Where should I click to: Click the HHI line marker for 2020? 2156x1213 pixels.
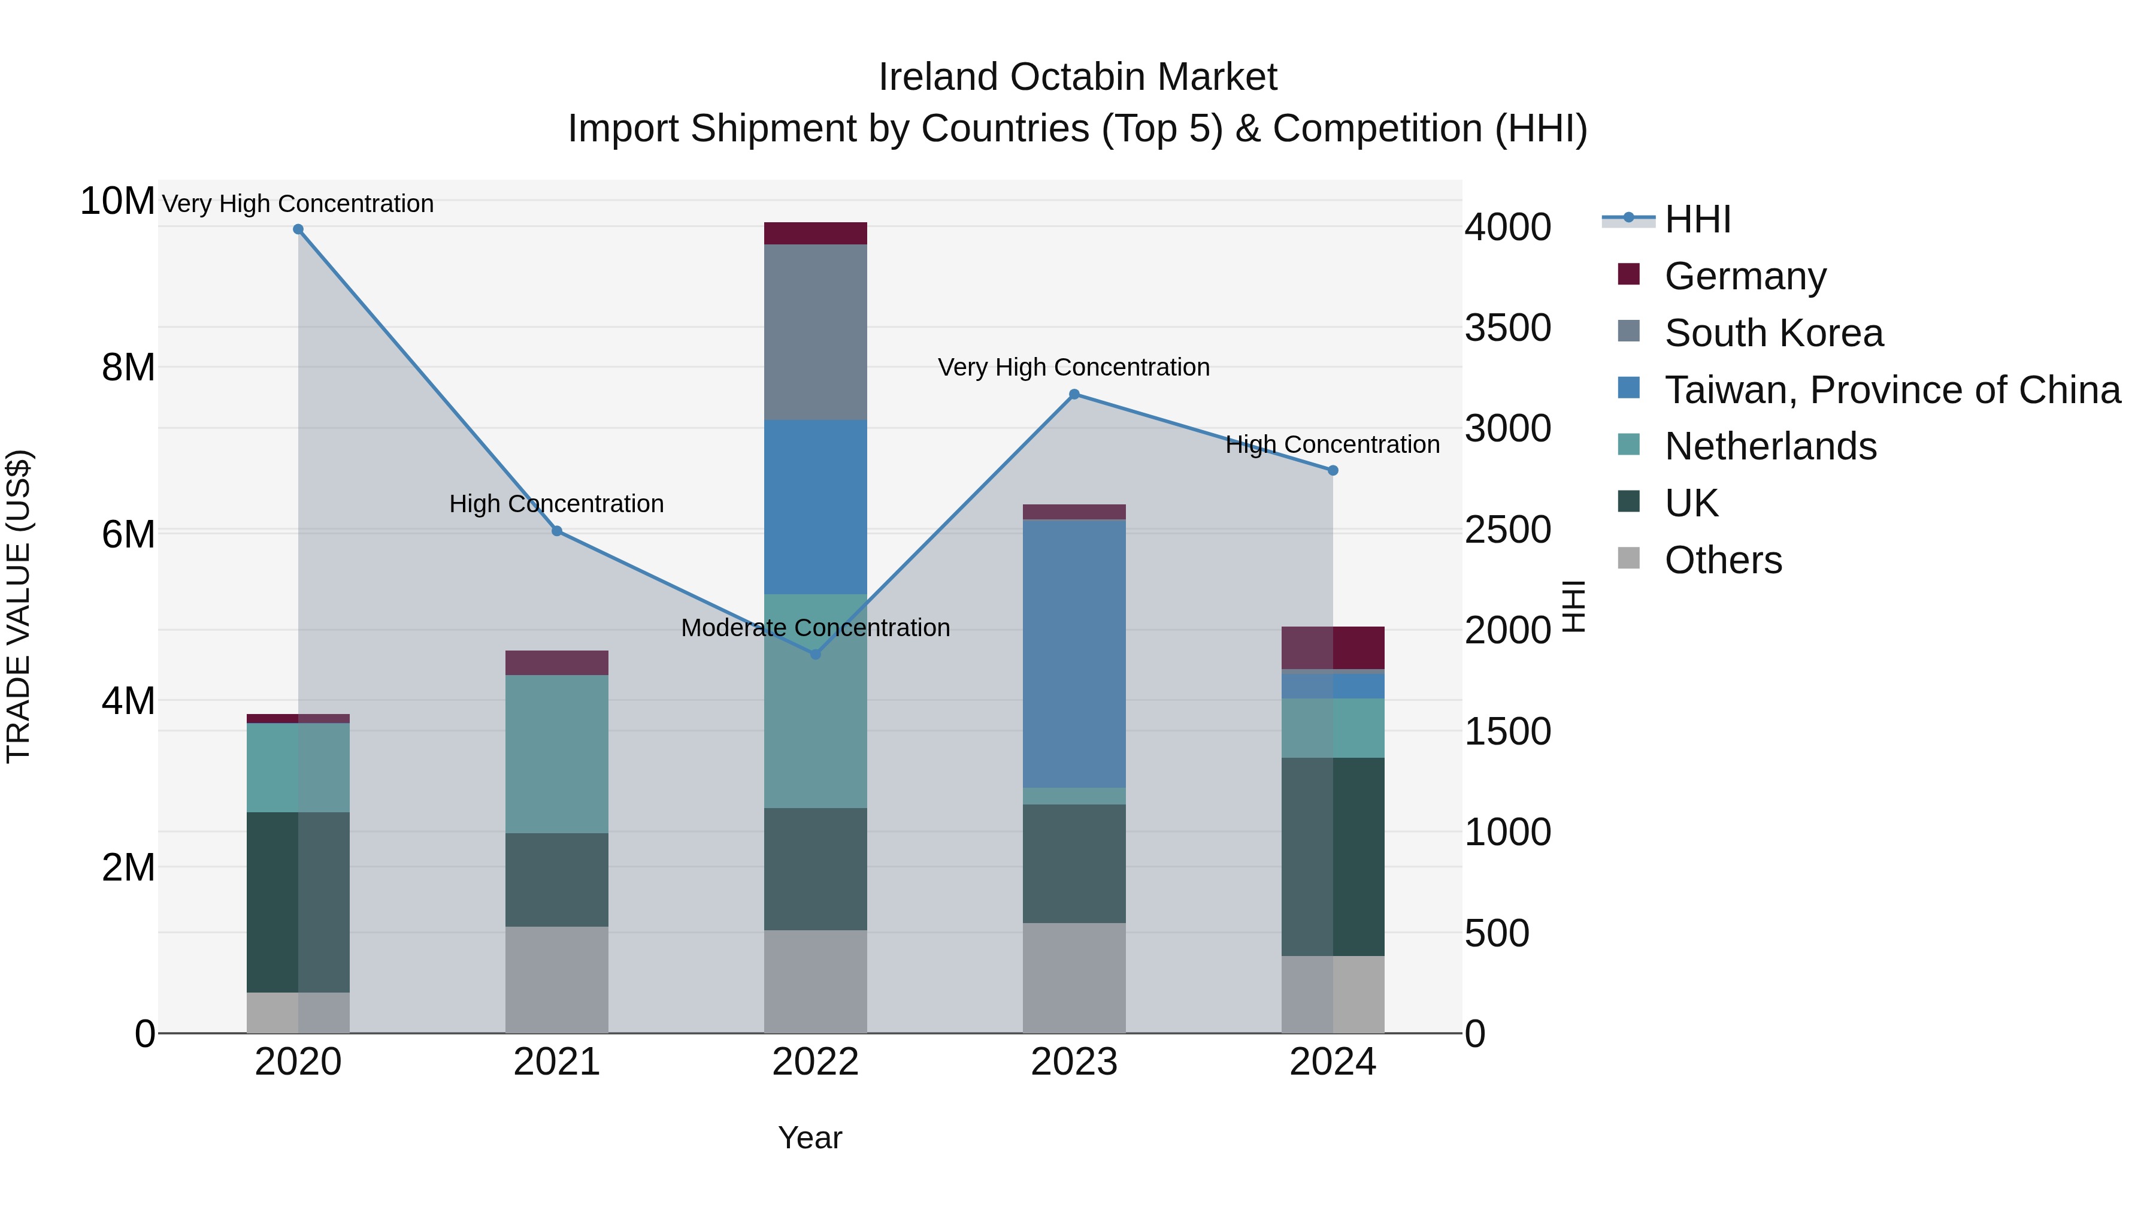pyautogui.click(x=298, y=229)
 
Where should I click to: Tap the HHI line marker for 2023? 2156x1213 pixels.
pyautogui.click(x=1074, y=394)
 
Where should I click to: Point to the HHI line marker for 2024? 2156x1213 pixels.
pyautogui.click(x=1333, y=470)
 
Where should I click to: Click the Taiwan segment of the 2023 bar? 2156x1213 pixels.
pyautogui.click(x=1074, y=653)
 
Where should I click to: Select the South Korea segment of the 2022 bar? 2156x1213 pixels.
pyautogui.click(x=816, y=332)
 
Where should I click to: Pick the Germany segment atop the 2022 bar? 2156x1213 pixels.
pyautogui.click(x=816, y=234)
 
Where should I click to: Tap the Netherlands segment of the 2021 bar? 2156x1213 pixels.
pyautogui.click(x=556, y=754)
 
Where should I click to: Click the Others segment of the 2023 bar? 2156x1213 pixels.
pyautogui.click(x=1074, y=978)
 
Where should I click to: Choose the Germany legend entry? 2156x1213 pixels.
pyautogui.click(x=1745, y=276)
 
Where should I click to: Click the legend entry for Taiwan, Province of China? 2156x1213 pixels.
pyautogui.click(x=1891, y=390)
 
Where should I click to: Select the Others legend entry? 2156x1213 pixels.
pyautogui.click(x=1722, y=560)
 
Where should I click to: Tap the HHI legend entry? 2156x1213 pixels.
pyautogui.click(x=1697, y=219)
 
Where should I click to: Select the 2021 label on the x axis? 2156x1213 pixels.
pyautogui.click(x=556, y=1062)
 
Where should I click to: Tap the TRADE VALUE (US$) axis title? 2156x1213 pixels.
pyautogui.click(x=19, y=606)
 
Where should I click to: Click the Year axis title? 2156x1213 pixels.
pyautogui.click(x=809, y=1138)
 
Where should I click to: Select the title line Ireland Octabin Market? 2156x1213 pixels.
pyautogui.click(x=1077, y=77)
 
